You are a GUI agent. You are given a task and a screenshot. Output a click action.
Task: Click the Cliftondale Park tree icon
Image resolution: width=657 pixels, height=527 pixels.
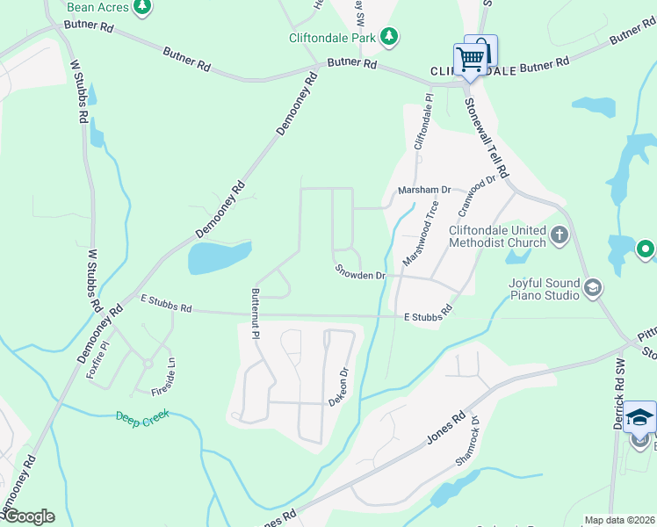[x=388, y=37]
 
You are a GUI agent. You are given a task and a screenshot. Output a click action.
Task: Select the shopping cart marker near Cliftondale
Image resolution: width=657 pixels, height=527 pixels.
[x=470, y=60]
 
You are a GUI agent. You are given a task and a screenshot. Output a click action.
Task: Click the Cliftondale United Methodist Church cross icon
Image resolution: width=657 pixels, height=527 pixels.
[x=560, y=235]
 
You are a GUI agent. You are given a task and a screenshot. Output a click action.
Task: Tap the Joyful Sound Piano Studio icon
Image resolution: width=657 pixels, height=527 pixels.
[x=593, y=287]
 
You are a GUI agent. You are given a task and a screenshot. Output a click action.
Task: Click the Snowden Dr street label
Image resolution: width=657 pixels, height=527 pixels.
[x=359, y=274]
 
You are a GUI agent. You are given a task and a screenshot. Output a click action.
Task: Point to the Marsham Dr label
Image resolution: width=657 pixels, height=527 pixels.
[x=423, y=190]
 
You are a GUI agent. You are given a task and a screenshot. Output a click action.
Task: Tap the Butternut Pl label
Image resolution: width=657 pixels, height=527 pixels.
[x=256, y=314]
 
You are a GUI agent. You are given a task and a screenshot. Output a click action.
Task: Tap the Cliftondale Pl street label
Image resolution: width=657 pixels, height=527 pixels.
[x=423, y=121]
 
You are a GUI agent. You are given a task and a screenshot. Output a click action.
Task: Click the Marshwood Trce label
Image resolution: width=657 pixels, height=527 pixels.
[x=420, y=234]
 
